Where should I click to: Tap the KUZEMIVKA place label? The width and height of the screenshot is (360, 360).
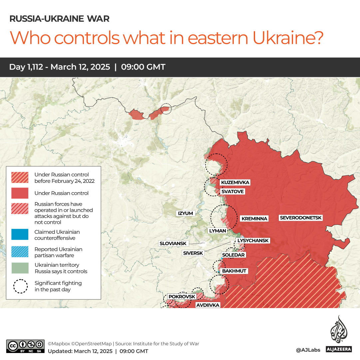tap(235, 182)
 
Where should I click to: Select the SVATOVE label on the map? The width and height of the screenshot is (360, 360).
tap(232, 191)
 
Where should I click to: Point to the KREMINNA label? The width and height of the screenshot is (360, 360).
tap(254, 219)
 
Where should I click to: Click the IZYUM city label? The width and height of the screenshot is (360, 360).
tap(185, 213)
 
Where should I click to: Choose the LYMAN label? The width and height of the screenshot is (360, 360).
tap(217, 230)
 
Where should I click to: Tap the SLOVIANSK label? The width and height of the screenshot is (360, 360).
tap(173, 243)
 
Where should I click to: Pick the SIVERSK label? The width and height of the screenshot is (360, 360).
tap(193, 253)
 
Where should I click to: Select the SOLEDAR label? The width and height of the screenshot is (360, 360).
tap(233, 255)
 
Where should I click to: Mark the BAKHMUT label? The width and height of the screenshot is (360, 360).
tap(234, 271)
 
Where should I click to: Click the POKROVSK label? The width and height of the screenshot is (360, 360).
tap(181, 296)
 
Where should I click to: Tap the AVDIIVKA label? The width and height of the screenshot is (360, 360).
tap(207, 305)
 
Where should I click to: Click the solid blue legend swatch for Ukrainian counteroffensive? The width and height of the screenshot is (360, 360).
tap(20, 235)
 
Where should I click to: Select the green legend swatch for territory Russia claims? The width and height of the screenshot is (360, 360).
tap(20, 268)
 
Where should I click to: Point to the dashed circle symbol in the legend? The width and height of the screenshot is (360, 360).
tap(20, 286)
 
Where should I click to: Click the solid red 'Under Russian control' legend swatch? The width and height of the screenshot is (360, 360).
tap(20, 193)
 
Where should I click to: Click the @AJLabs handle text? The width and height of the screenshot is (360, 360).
tap(308, 350)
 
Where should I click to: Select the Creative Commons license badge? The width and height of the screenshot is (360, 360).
tap(25, 346)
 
